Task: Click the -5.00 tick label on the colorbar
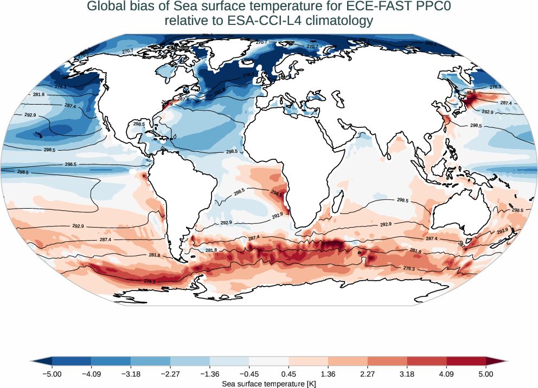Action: coord(52,373)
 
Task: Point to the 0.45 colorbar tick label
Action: coord(289,373)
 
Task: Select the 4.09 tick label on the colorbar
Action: coord(446,373)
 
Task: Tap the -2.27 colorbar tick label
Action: coord(170,373)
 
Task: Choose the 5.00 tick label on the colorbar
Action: coord(486,373)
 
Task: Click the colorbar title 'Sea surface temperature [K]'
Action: coord(269,384)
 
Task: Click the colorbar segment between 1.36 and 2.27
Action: coord(348,361)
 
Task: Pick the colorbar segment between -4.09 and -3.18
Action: coord(111,361)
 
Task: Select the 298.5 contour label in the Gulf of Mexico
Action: coord(139,124)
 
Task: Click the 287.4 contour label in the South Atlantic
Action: coord(253,237)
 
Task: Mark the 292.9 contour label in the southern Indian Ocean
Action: coord(386,224)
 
